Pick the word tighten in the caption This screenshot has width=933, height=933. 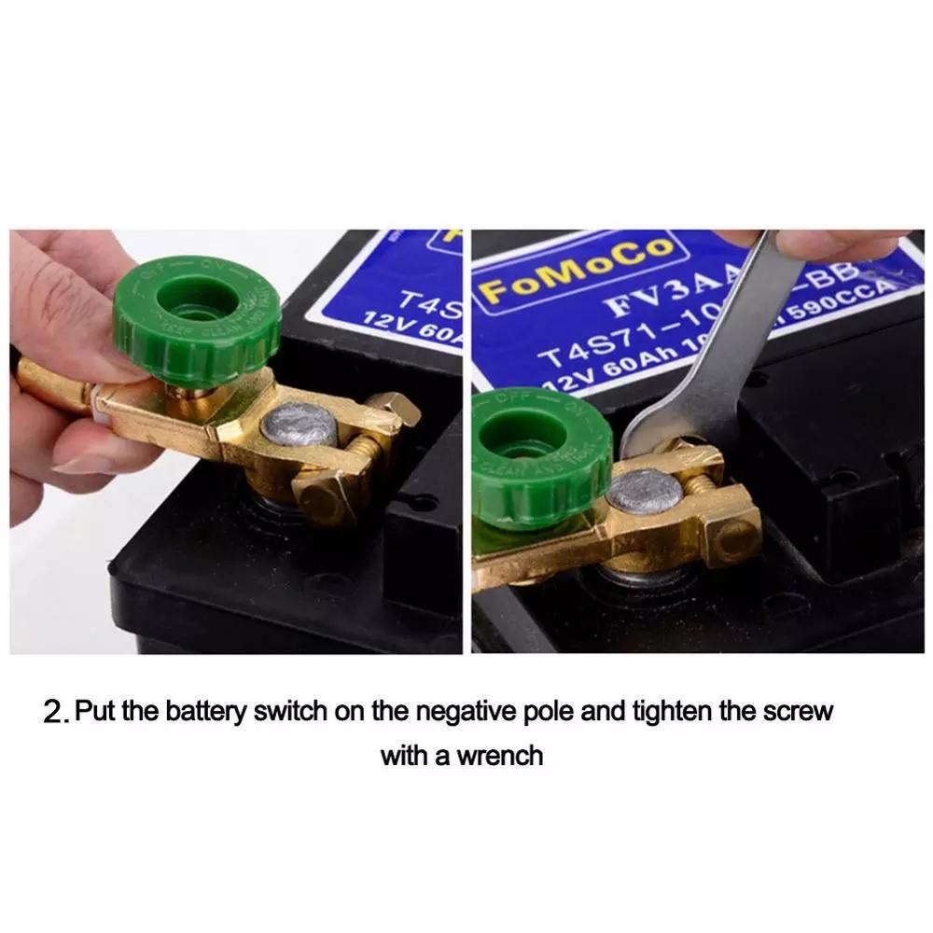click(674, 712)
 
